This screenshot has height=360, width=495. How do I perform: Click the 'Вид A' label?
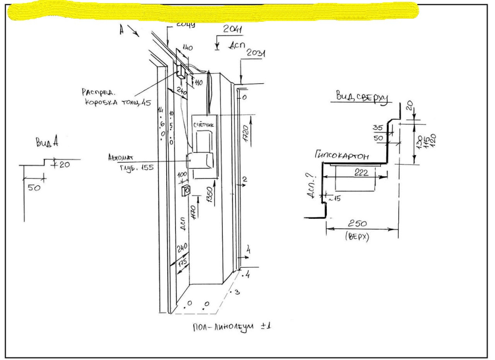pos(47,142)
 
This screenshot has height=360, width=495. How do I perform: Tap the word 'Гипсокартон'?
pos(341,156)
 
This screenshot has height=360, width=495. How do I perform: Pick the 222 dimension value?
pos(361,173)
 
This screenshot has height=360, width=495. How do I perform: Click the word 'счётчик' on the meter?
pos(204,125)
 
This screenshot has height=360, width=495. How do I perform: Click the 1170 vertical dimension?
pos(193,212)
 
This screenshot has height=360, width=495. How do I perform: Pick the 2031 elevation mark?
pos(256,54)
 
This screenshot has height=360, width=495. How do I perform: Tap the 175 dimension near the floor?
pos(183,263)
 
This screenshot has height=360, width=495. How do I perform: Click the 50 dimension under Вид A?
pos(34,188)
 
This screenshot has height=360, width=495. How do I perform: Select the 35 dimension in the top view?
pos(379,128)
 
